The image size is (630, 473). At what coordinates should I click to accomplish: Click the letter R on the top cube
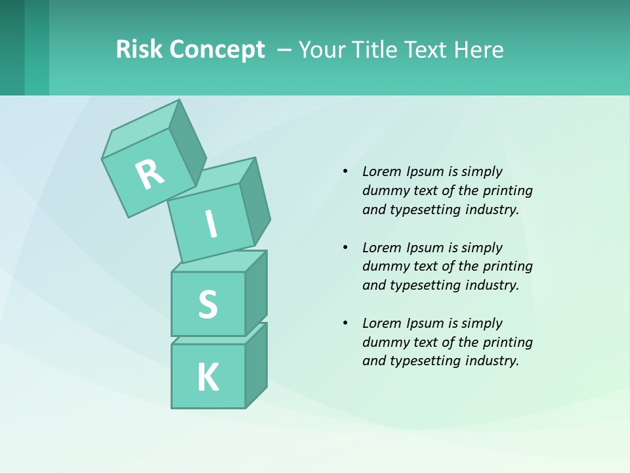[x=150, y=174]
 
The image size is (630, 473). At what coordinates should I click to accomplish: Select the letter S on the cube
[x=207, y=305]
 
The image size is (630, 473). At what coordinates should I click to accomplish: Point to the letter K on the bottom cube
[x=207, y=378]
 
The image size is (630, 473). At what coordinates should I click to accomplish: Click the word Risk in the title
[x=138, y=49]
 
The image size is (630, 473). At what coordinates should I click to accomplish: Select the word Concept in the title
[x=217, y=50]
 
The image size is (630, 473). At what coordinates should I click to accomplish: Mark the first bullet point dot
[x=345, y=171]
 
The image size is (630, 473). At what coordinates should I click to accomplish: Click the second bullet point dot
[x=345, y=248]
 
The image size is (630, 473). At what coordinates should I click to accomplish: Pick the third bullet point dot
[x=345, y=323]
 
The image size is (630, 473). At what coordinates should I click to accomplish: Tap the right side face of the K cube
[x=256, y=365]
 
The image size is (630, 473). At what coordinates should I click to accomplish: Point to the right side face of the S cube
[x=256, y=293]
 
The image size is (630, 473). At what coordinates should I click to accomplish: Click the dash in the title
[x=285, y=50]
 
